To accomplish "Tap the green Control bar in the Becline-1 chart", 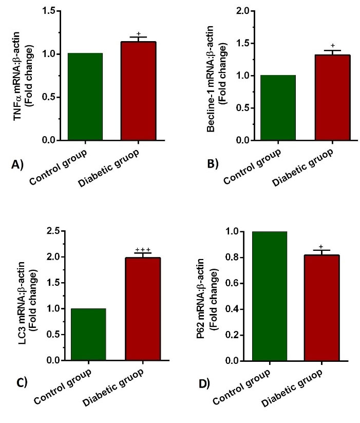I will pyautogui.click(x=278, y=108).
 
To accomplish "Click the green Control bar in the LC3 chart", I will pyautogui.click(x=88, y=335).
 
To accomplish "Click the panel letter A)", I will pyautogui.click(x=17, y=165).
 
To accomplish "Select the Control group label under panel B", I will pyautogui.click(x=253, y=165).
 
